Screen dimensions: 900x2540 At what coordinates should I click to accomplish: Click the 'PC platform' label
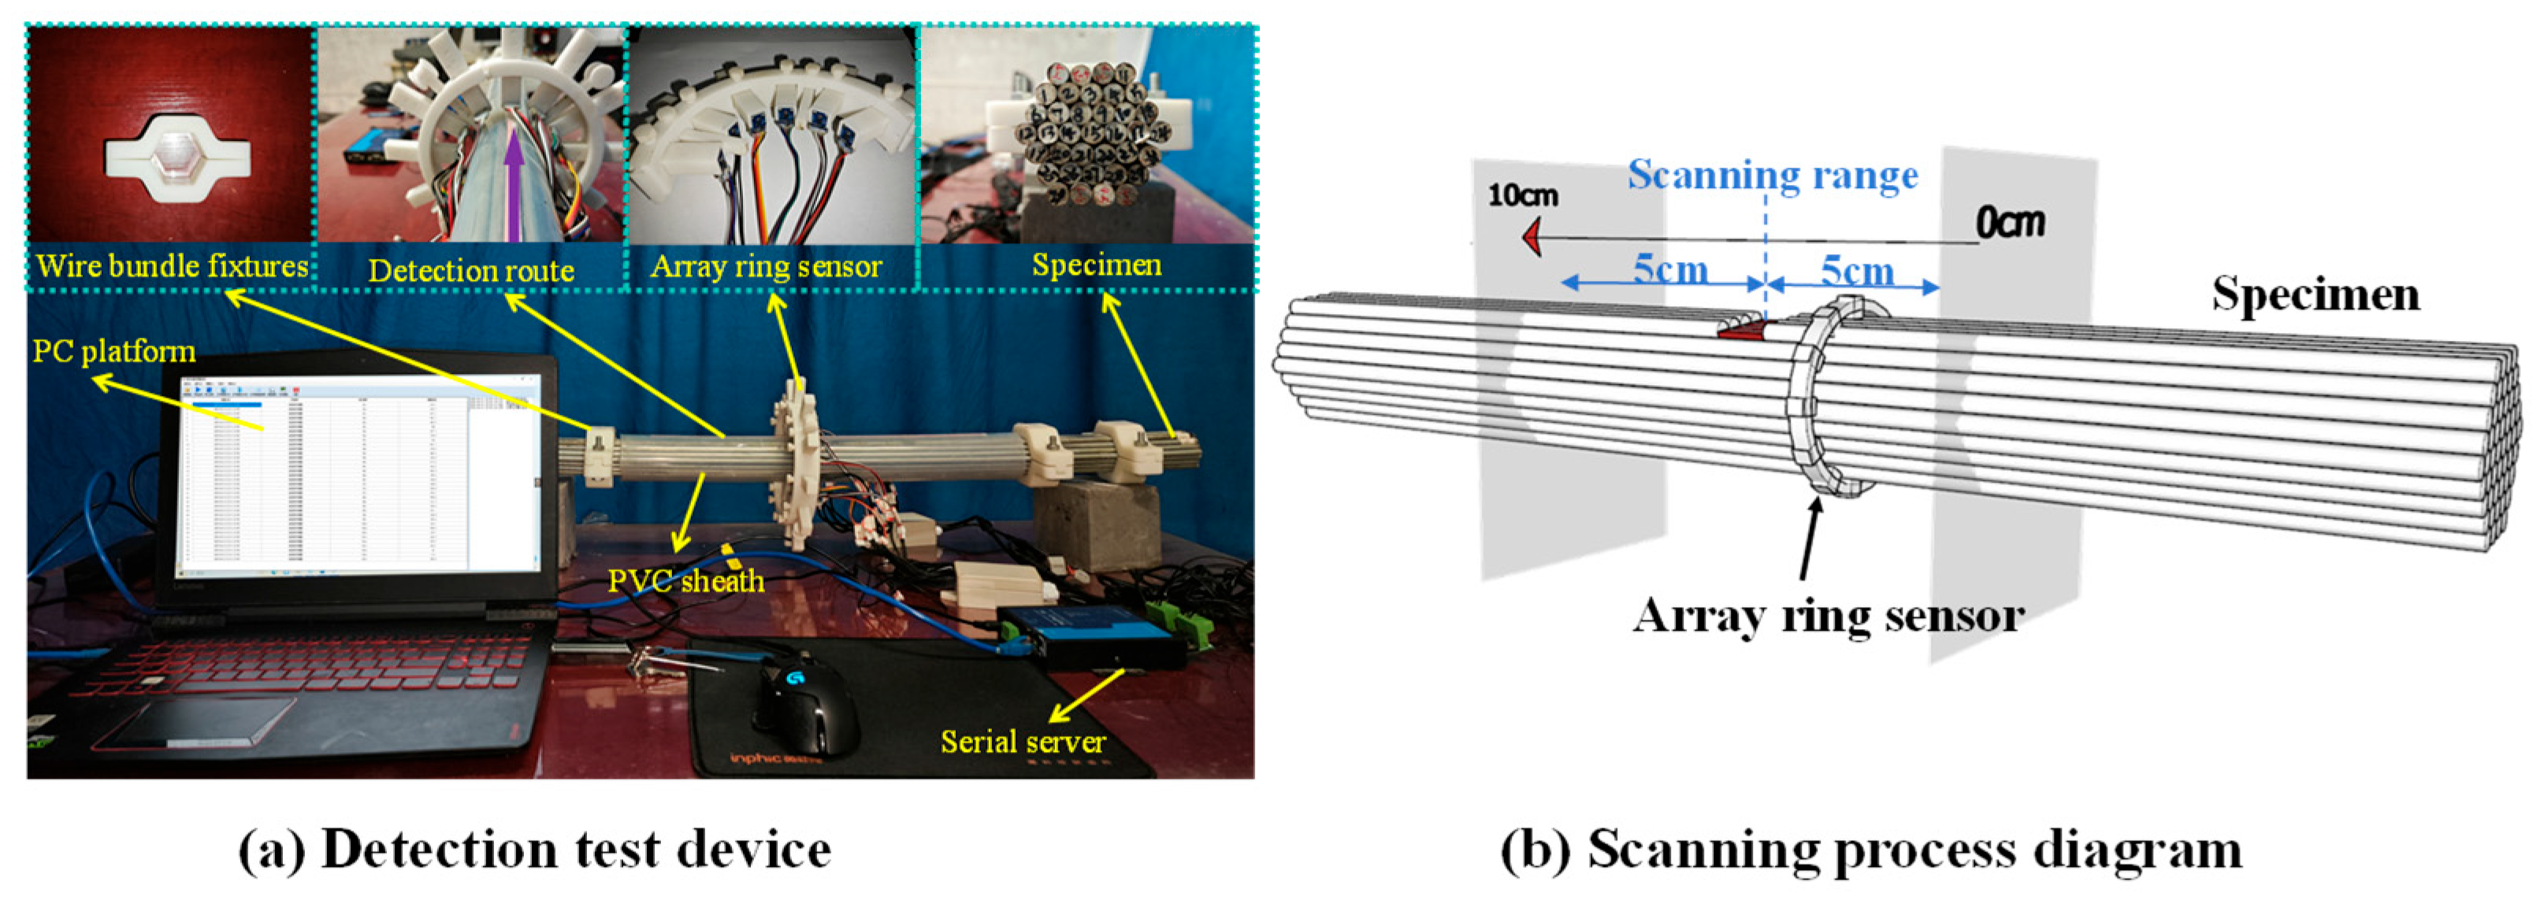click(113, 351)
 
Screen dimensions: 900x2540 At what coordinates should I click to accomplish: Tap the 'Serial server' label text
click(1023, 741)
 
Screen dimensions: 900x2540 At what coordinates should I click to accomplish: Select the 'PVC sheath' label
click(685, 580)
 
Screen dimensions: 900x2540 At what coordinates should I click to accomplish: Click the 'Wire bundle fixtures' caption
click(172, 266)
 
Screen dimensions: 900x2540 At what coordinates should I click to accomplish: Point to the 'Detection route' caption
click(470, 270)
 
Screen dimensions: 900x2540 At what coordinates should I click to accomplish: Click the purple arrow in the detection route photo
click(512, 187)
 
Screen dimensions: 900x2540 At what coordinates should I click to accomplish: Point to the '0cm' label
click(2010, 223)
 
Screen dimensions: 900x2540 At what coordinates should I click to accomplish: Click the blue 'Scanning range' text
click(1772, 176)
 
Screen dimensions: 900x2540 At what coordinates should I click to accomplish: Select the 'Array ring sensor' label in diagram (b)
click(1828, 616)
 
